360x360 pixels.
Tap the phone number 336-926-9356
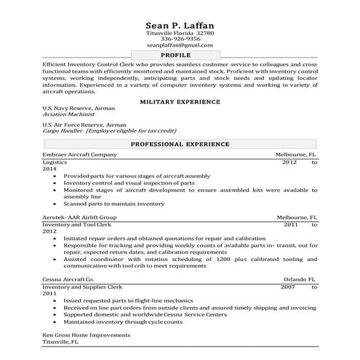click(x=180, y=39)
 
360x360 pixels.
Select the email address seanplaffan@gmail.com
click(x=180, y=46)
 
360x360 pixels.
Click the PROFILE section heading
click(x=180, y=55)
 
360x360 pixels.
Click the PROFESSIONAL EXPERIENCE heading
click(x=180, y=145)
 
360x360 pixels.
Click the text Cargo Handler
click(x=63, y=132)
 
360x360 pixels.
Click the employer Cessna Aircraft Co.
click(x=68, y=279)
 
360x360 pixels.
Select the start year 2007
click(x=289, y=287)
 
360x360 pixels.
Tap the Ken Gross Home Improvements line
click(x=87, y=335)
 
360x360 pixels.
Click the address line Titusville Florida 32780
click(x=180, y=33)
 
